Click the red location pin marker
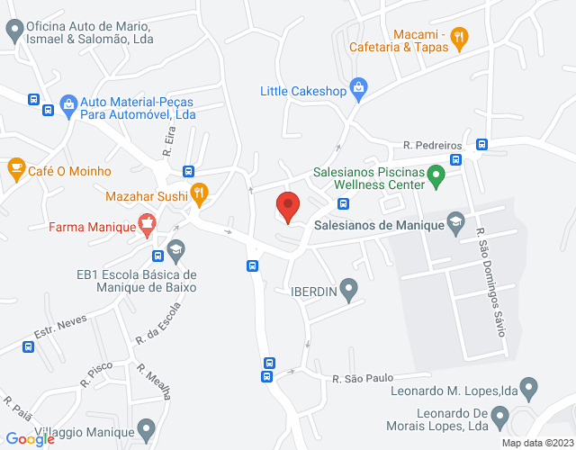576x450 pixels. pyautogui.click(x=287, y=206)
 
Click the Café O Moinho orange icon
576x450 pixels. pyautogui.click(x=15, y=168)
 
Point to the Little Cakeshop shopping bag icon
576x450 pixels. pyautogui.click(x=359, y=87)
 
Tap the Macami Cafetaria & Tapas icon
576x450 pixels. pyautogui.click(x=460, y=37)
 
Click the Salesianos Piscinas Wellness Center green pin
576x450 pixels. pyautogui.click(x=436, y=175)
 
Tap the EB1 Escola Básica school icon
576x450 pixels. pyautogui.click(x=175, y=248)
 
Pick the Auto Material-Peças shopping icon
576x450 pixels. pyautogui.click(x=67, y=105)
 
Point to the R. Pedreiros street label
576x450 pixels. pyautogui.click(x=433, y=145)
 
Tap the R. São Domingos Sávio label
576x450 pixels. pyautogui.click(x=491, y=278)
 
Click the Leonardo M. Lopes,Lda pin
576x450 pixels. pyautogui.click(x=529, y=389)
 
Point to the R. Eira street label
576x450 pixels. pyautogui.click(x=168, y=141)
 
